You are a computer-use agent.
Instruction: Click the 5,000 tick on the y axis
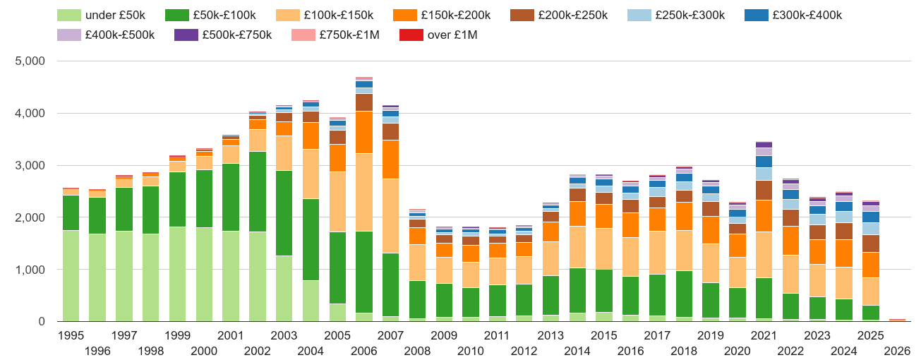pos(30,61)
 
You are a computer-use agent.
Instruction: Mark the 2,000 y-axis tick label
pos(30,218)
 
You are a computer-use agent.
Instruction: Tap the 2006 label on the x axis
pos(364,352)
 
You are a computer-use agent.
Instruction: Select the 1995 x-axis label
pos(71,335)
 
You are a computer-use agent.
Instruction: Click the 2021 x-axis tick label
pos(764,335)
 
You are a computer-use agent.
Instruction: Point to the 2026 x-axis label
pos(897,352)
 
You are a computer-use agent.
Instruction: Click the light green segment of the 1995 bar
pos(71,275)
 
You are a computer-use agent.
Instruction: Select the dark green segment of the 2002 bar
pos(258,191)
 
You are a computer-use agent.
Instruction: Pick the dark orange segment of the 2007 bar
pos(391,160)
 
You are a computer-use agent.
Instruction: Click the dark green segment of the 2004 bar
pos(311,239)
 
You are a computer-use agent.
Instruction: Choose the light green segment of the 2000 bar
pos(204,274)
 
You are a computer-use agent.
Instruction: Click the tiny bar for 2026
pos(897,320)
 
